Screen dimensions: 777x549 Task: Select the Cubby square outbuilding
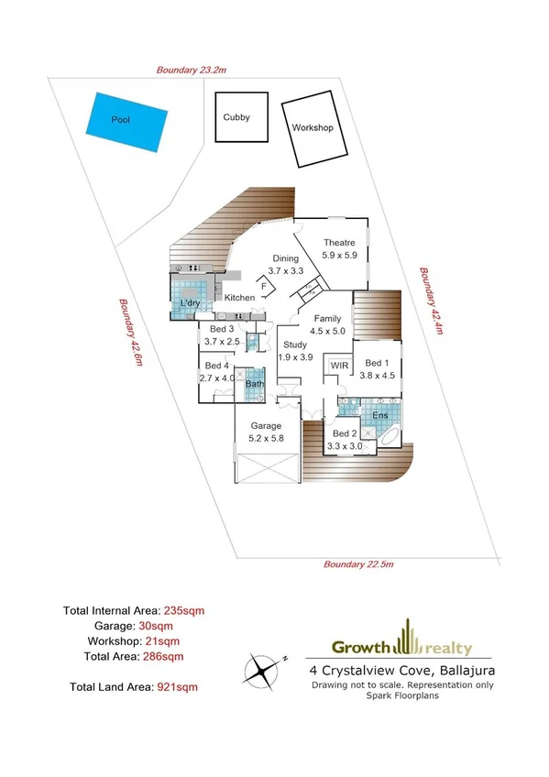tap(242, 116)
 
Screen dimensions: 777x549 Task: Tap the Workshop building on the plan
tap(312, 128)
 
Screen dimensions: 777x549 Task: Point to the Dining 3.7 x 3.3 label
tap(285, 265)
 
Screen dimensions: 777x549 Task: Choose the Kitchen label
tap(239, 298)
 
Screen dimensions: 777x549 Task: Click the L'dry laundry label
tap(191, 303)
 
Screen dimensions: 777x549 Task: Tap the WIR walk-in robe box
tap(339, 366)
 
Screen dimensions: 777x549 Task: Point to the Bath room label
tap(254, 384)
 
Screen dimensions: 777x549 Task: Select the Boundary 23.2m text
tap(191, 70)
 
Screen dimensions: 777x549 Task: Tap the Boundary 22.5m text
tap(358, 564)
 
